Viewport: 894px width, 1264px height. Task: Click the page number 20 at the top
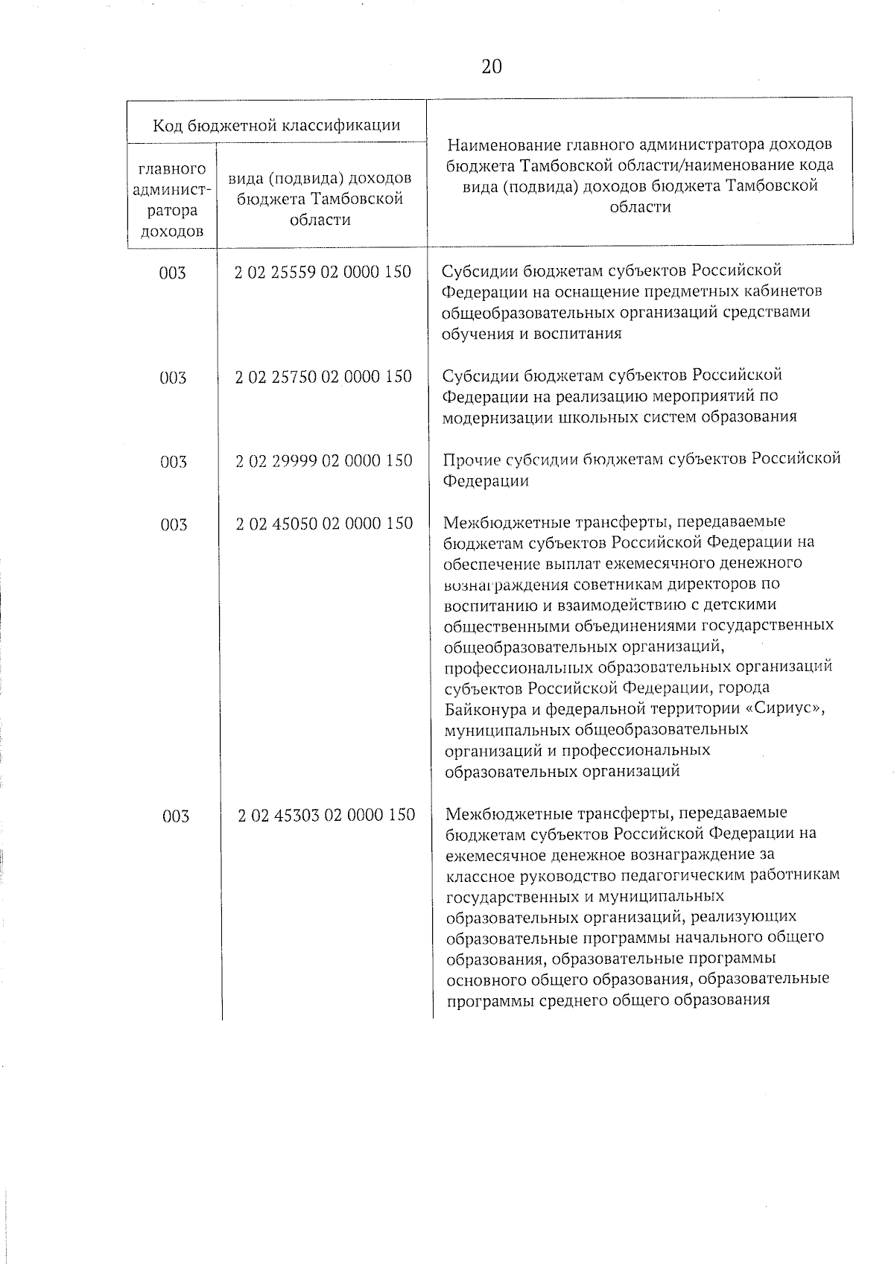pyautogui.click(x=492, y=67)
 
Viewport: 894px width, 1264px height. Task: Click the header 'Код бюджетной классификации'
pyautogui.click(x=276, y=124)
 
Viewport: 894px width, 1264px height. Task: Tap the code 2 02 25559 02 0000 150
pyautogui.click(x=323, y=272)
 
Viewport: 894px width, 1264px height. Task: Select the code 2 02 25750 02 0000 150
pyautogui.click(x=323, y=376)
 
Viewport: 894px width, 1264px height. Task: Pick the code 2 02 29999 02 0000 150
pyautogui.click(x=324, y=460)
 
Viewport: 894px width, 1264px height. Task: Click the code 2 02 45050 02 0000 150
pyautogui.click(x=324, y=524)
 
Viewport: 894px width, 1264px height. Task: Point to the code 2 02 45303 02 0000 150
pyautogui.click(x=326, y=815)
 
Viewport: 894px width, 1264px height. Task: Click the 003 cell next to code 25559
pyautogui.click(x=172, y=273)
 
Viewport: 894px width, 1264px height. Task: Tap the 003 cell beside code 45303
pyautogui.click(x=175, y=816)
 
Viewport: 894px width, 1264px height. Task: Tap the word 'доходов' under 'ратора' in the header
pyautogui.click(x=172, y=231)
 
